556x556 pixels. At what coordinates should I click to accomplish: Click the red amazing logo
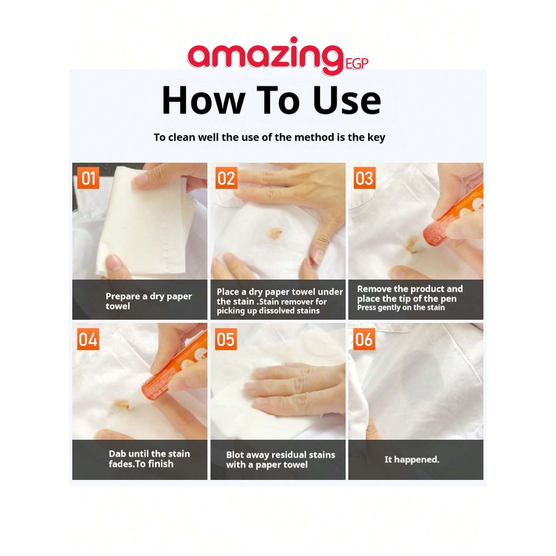(x=264, y=56)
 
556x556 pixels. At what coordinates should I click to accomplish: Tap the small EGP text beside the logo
(x=357, y=64)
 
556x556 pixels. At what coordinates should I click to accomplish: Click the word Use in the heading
(x=347, y=100)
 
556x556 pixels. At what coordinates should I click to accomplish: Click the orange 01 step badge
(x=88, y=178)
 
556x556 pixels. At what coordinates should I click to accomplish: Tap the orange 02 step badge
(x=226, y=178)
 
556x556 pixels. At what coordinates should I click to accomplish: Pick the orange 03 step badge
(x=364, y=178)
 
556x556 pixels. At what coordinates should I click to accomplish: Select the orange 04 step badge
(x=88, y=339)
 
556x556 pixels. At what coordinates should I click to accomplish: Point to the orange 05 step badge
(x=226, y=339)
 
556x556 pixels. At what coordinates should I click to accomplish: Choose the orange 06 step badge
(x=364, y=339)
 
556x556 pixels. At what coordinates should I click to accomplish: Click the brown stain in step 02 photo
(x=274, y=233)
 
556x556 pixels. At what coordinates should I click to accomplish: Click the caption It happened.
(x=412, y=460)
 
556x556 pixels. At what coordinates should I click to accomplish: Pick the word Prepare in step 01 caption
(x=123, y=297)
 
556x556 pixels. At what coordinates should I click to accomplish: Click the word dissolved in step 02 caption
(x=280, y=311)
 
